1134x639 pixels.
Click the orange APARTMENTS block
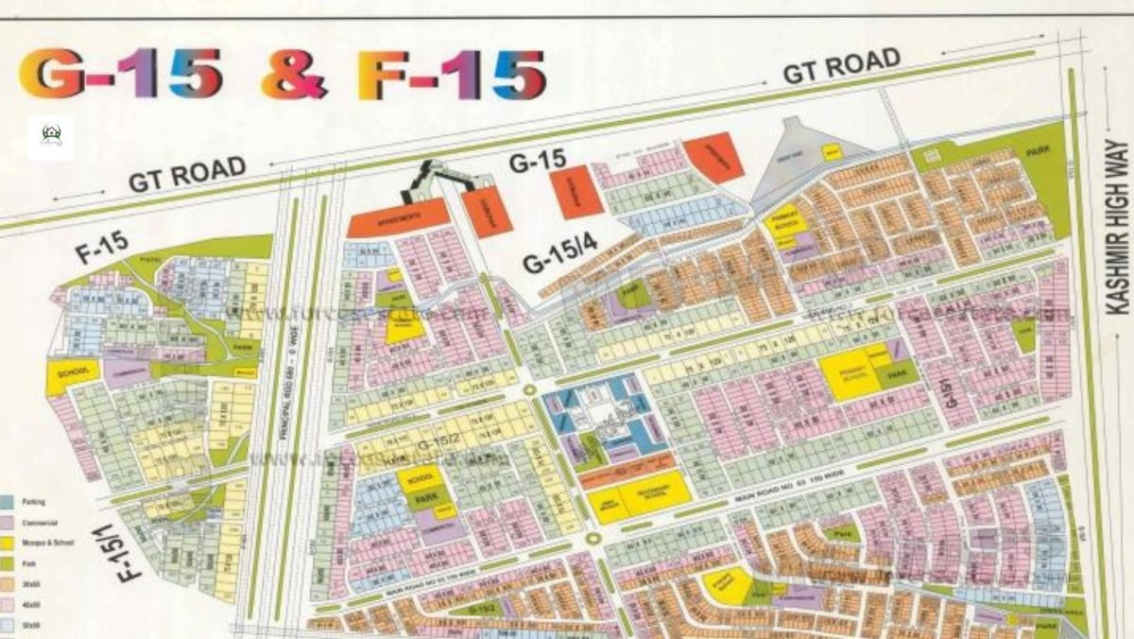coord(398,217)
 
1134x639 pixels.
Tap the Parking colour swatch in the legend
coord(8,501)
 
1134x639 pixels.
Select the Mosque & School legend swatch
coord(8,543)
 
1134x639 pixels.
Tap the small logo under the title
coord(51,138)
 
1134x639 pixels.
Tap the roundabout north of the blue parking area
coord(529,389)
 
